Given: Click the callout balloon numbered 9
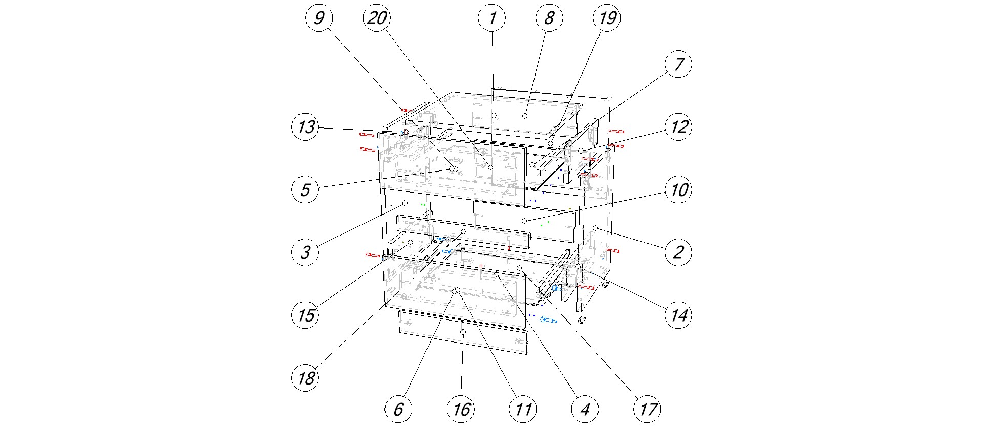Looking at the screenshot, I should (319, 18).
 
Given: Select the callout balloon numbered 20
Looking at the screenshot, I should (377, 18).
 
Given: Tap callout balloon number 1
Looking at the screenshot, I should (492, 18).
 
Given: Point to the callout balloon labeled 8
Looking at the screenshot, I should (549, 18).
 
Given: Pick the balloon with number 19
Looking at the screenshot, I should (607, 18).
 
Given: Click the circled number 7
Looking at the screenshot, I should (678, 65).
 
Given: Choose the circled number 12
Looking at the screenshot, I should (678, 127).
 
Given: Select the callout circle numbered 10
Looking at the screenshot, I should (678, 190).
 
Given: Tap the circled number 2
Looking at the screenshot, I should (678, 252).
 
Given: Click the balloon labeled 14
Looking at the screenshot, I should (678, 315).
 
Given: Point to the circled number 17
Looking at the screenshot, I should (648, 409).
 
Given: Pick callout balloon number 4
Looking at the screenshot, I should (585, 409).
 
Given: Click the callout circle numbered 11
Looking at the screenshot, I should (523, 409).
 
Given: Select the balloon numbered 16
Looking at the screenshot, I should (461, 409).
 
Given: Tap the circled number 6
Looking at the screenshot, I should (398, 409).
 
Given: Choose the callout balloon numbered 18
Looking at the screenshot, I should (306, 378).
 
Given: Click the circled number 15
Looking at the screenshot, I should (306, 315).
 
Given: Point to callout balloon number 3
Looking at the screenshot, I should (306, 252).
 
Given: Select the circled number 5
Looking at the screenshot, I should (306, 190).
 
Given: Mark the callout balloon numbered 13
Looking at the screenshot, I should (306, 127).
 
